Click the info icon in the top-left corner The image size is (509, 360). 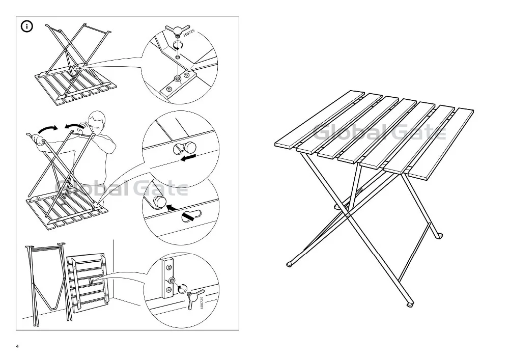[26, 26]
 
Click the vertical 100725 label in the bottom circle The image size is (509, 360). [202, 302]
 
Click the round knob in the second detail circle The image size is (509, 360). [189, 147]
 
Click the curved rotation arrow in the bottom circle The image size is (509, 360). [182, 289]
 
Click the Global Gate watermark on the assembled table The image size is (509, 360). [379, 133]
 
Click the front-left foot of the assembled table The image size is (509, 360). [290, 264]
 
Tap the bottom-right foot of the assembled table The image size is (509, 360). [410, 304]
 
